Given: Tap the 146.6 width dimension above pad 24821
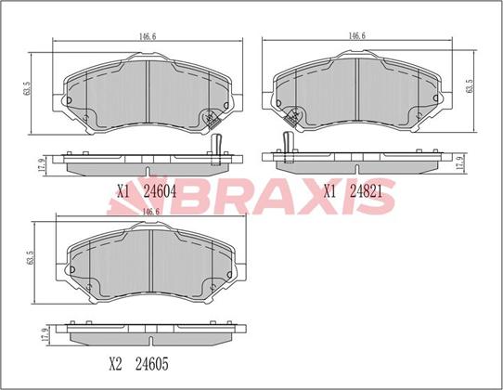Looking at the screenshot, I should click(356, 36).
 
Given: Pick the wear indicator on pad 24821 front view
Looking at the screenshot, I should click(292, 117).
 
